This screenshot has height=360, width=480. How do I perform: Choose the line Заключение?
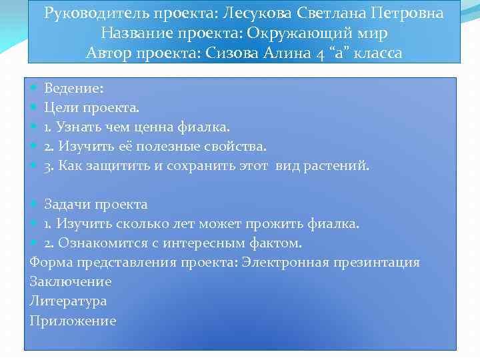click(x=71, y=281)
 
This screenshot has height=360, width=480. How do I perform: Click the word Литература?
click(x=68, y=301)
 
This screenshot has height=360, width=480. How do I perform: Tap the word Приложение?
click(x=73, y=321)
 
